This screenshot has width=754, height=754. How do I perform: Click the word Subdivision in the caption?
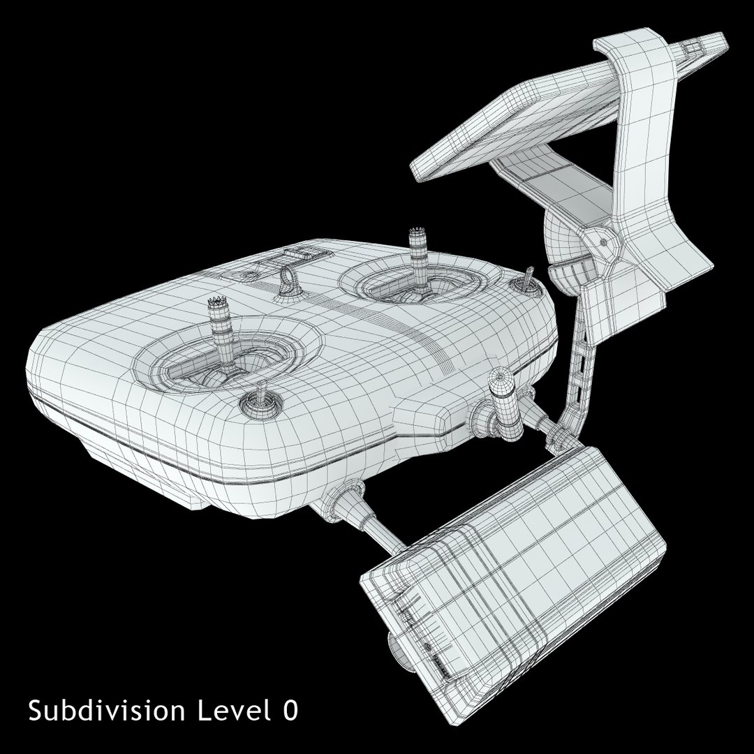[107, 711]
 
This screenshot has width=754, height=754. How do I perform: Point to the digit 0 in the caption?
[290, 711]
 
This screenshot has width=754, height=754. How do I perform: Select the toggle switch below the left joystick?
[260, 401]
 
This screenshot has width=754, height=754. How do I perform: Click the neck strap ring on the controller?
[288, 278]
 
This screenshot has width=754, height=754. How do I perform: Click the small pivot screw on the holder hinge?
[602, 242]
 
